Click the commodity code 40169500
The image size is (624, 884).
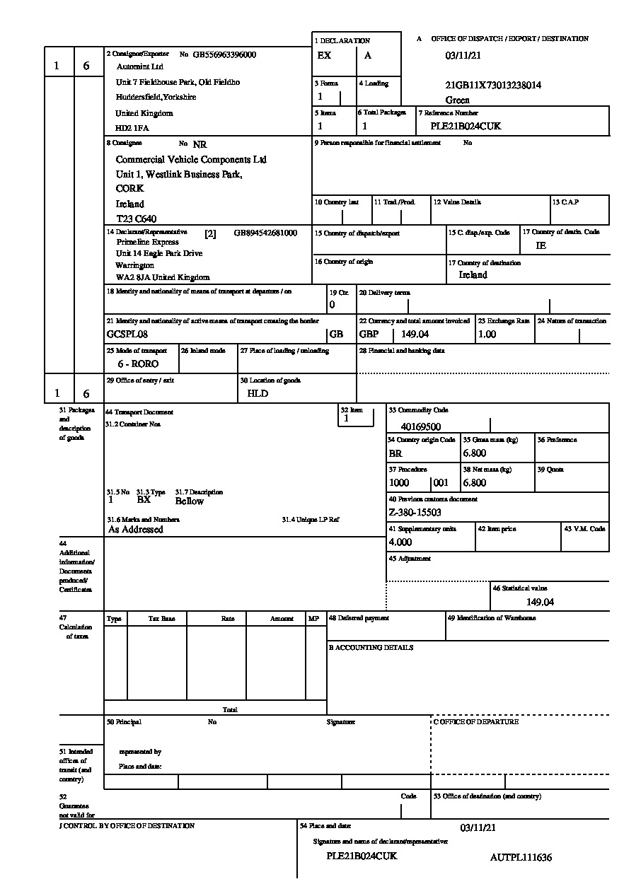[421, 426]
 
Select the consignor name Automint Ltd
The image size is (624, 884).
[139, 66]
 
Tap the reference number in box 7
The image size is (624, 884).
[466, 126]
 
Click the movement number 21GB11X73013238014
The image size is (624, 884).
[493, 86]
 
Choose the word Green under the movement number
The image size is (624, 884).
[458, 100]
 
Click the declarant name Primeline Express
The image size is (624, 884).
[148, 242]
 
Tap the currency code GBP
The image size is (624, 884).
[369, 334]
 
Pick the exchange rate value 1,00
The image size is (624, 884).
[487, 334]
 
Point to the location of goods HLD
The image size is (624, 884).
[258, 393]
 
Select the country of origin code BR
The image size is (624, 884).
[395, 453]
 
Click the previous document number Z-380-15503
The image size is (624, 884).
[415, 513]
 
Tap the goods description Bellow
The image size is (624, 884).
[190, 501]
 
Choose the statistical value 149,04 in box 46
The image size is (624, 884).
[540, 602]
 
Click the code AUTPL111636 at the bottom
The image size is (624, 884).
[521, 857]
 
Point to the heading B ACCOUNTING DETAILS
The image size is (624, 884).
[371, 648]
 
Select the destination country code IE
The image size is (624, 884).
[541, 245]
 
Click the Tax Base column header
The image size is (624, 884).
[161, 619]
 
